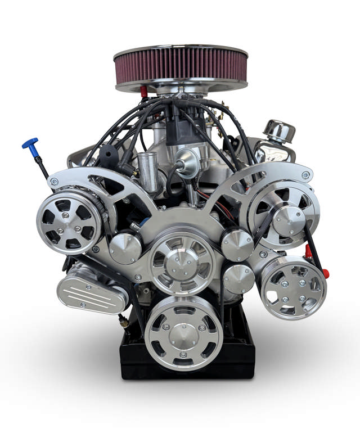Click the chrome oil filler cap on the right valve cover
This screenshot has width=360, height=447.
279,131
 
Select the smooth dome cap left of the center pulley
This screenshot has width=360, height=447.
125,247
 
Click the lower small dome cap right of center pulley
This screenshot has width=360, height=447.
238,278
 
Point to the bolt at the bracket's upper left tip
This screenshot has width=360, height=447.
54,181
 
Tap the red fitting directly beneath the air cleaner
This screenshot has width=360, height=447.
144,92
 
